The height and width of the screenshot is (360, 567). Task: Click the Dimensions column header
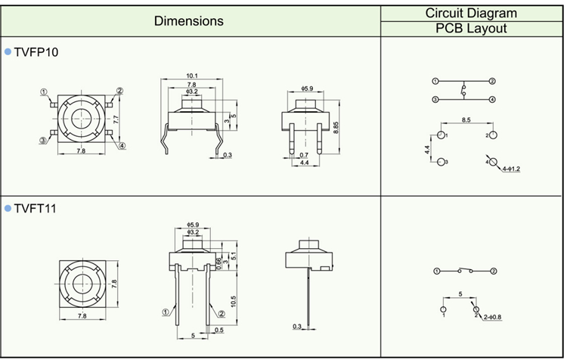click(x=188, y=20)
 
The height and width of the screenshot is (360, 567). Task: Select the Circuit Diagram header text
click(x=471, y=12)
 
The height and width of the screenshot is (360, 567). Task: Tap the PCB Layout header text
click(x=471, y=29)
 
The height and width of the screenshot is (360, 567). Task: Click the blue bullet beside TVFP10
click(x=8, y=51)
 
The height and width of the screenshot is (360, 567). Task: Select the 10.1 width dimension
click(x=191, y=76)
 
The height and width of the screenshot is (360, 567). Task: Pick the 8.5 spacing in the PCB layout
click(x=466, y=119)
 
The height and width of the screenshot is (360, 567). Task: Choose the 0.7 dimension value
click(x=293, y=154)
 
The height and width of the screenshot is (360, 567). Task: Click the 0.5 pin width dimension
click(x=218, y=331)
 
